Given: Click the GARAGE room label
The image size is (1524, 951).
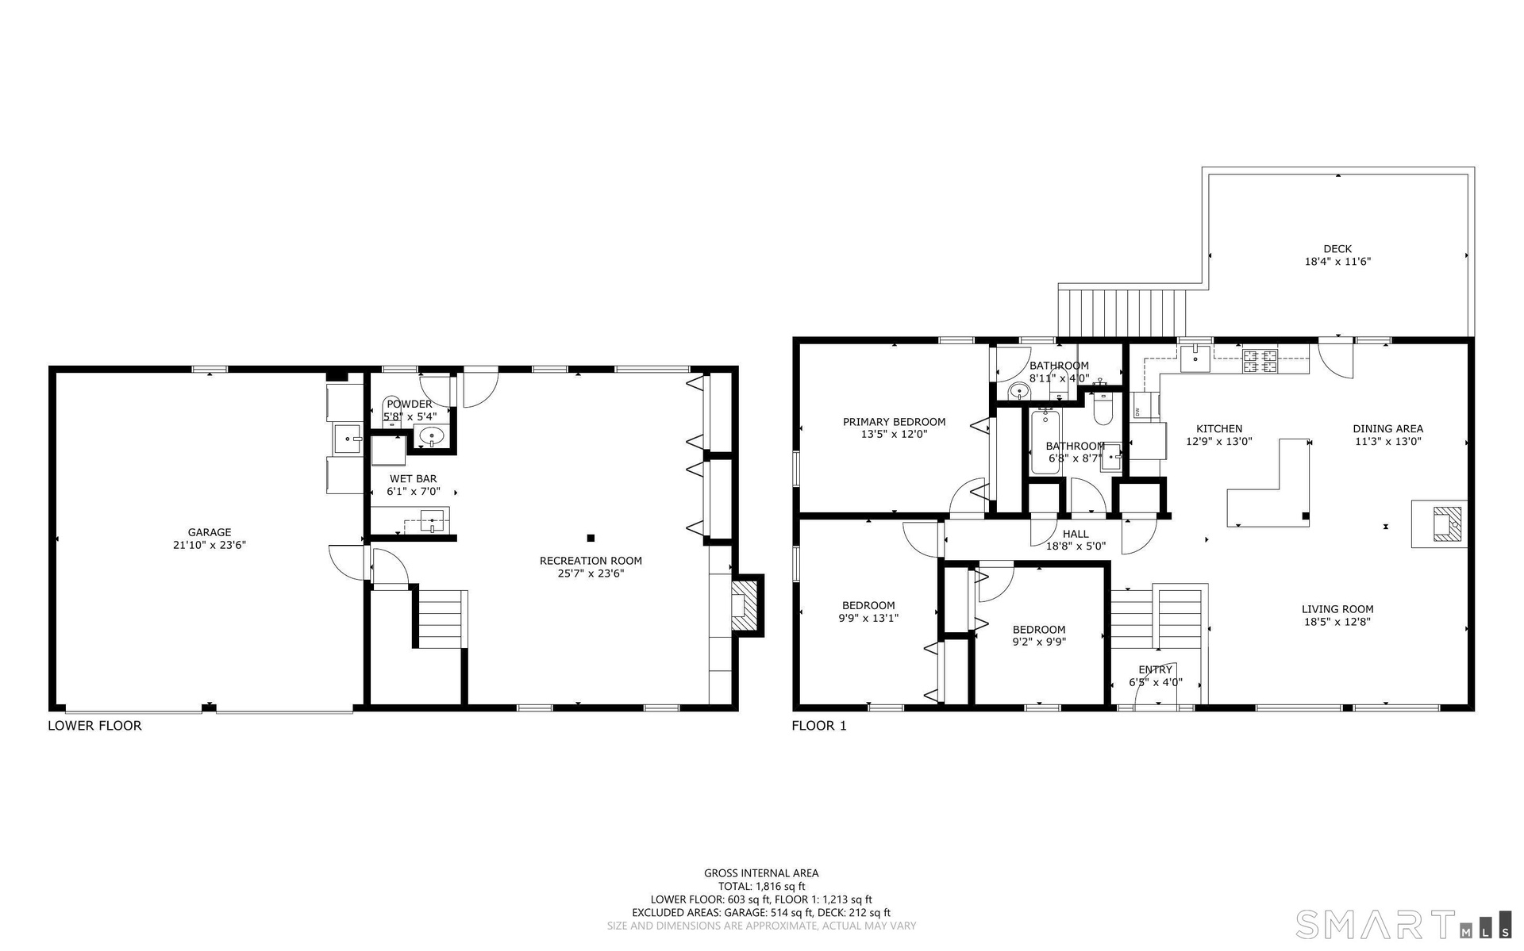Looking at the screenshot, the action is [210, 532].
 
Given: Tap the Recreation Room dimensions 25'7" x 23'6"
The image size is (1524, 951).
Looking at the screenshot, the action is [591, 573].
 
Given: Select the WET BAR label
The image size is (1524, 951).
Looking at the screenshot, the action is [413, 479].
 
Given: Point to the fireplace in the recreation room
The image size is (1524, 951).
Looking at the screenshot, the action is [745, 605].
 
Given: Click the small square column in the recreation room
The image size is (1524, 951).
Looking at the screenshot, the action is [591, 537].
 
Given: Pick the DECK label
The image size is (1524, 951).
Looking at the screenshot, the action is [1337, 249].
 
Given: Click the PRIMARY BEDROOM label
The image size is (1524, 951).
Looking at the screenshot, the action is [894, 422].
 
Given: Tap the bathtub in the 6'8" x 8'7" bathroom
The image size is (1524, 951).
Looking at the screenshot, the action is [1045, 441].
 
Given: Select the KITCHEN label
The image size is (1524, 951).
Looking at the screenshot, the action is [1219, 429].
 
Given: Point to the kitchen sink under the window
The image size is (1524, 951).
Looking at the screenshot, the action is [1195, 359].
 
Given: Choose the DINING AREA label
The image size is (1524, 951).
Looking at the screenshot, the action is [1387, 429].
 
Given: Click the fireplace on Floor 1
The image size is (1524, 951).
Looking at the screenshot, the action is [1439, 524].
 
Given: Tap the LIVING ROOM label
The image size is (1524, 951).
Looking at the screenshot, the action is [1337, 610].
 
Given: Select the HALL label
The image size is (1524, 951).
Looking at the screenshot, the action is [1076, 534].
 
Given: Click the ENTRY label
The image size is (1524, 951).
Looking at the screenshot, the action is [1155, 670].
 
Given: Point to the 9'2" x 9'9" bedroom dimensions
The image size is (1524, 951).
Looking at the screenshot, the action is [1039, 642].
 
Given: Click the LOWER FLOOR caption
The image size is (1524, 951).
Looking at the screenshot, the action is [94, 726].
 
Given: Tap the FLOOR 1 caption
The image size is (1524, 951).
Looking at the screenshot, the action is [819, 726].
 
